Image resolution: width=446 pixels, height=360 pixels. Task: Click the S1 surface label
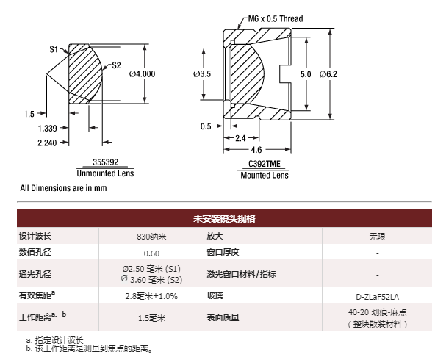54,49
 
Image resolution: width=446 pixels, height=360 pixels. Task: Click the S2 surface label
116,65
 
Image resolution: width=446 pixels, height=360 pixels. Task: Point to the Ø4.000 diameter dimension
142,74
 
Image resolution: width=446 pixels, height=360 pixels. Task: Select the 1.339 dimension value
48,128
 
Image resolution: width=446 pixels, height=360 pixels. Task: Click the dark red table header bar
223,218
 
